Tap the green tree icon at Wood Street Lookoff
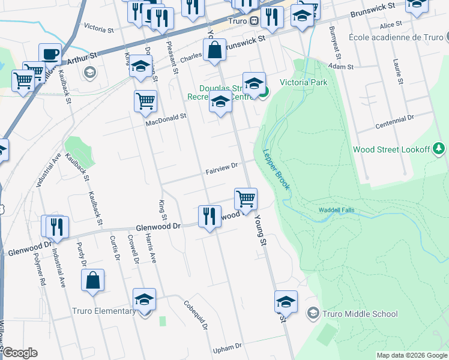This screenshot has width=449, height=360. point(439,148)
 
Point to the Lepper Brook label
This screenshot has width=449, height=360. point(276,170)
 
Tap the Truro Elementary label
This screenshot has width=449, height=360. point(103,311)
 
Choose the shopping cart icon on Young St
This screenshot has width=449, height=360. point(246,199)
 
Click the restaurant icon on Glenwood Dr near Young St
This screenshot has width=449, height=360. point(209,216)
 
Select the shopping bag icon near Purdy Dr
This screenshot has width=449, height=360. point(93,281)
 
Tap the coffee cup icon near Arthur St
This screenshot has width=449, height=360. point(50,54)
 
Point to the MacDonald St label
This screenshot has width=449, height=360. point(167,121)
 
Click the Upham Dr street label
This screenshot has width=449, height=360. point(227,347)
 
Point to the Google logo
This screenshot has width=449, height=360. point(21,353)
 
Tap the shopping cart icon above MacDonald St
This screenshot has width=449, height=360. point(145,102)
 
